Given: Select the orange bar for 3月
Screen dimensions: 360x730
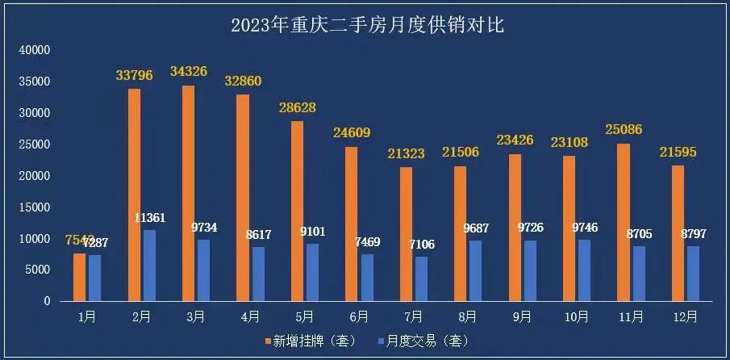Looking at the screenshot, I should click(x=189, y=193).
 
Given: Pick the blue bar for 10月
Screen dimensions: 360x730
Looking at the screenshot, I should click(x=584, y=270).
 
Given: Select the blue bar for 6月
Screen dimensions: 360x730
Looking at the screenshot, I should click(x=367, y=277).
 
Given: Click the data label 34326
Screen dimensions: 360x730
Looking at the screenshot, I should click(x=189, y=71).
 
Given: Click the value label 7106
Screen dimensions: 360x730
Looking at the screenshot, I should click(x=423, y=243).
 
